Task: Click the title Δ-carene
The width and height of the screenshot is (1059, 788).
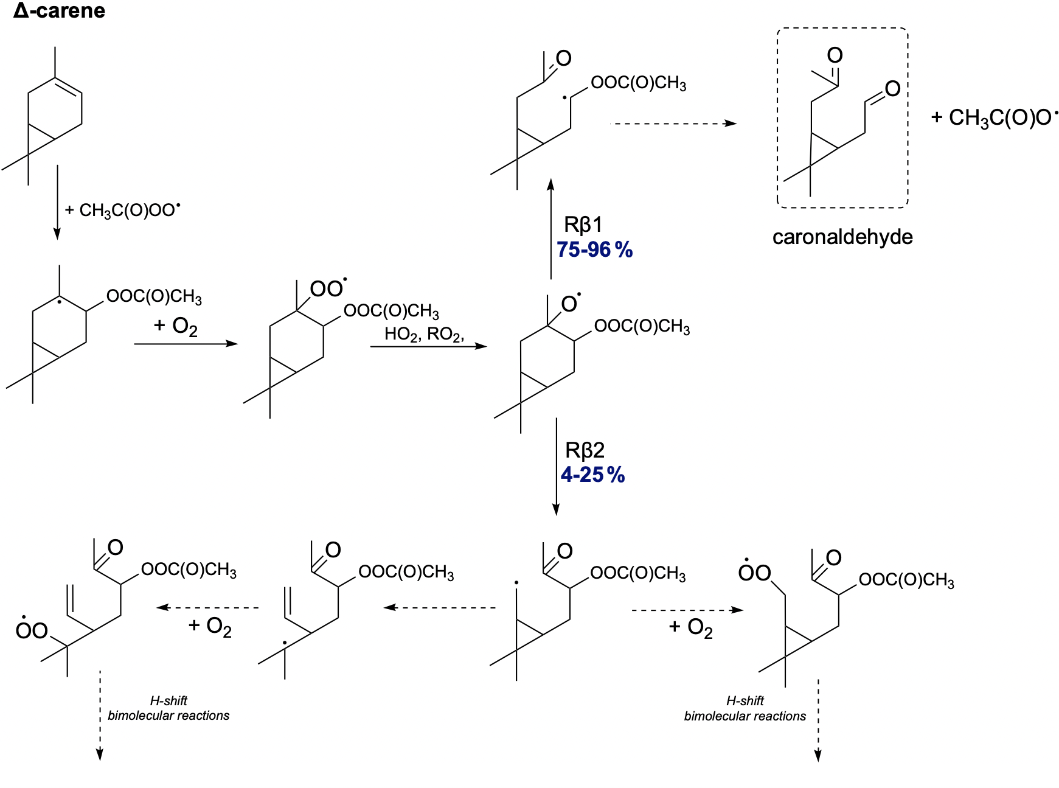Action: [59, 11]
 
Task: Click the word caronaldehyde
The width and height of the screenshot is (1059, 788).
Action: [842, 237]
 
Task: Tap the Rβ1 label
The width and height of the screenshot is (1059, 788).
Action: [583, 225]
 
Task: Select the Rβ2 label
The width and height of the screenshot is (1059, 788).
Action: [585, 450]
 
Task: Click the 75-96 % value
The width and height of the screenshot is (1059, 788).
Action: [594, 249]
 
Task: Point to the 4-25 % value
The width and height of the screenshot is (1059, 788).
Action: [592, 475]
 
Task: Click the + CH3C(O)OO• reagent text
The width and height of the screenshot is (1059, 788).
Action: [123, 210]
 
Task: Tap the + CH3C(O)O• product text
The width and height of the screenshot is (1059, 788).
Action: [994, 117]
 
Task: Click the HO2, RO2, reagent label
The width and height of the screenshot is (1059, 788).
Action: [424, 333]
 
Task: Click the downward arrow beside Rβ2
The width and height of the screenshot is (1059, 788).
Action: [556, 466]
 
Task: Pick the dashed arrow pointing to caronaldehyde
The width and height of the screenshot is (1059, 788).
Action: [673, 124]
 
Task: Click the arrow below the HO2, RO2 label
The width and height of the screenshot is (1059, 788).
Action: [428, 346]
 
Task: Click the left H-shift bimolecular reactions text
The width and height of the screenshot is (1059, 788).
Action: [168, 708]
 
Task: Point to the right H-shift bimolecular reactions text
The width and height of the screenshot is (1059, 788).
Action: [745, 709]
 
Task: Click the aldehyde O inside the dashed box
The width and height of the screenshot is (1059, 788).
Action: [892, 89]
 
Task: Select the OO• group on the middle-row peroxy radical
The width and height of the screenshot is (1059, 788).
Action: [328, 288]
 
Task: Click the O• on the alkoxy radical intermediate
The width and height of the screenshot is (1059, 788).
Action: [570, 303]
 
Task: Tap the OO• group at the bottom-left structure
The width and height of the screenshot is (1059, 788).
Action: [32, 630]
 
